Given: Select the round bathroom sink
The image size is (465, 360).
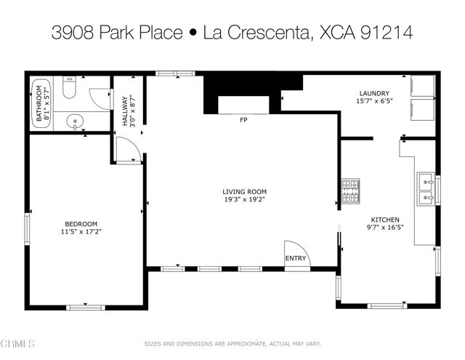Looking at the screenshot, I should coord(73,121).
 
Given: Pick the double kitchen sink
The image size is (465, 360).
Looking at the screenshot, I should coord(425,188).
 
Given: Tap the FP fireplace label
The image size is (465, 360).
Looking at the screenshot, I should coord(243,120).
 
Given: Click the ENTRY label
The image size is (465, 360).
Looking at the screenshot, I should coord(296,258).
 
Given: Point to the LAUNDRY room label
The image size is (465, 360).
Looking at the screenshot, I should coord(374,93).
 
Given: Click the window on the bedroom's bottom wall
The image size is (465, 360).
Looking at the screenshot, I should coord(86,307).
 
